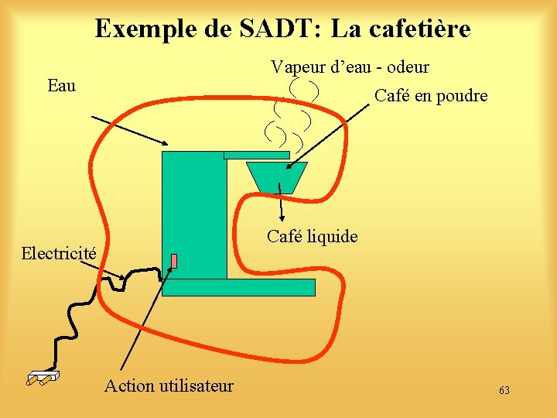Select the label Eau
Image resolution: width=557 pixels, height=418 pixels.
pyautogui.click(x=61, y=85)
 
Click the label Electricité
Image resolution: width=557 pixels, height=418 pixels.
pyautogui.click(x=59, y=253)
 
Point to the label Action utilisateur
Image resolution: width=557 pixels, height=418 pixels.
pyautogui.click(x=169, y=385)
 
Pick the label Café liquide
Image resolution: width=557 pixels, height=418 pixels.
pyautogui.click(x=312, y=236)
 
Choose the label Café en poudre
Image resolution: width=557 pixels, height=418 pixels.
pyautogui.click(x=431, y=96)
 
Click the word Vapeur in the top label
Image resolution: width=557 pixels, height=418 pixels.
pyautogui.click(x=299, y=67)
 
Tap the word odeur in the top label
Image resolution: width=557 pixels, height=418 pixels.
pyautogui.click(x=406, y=67)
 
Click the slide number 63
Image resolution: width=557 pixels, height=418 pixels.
pyautogui.click(x=504, y=391)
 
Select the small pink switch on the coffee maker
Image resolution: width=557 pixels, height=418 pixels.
pyautogui.click(x=174, y=261)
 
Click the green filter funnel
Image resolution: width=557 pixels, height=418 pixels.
pyautogui.click(x=276, y=176)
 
